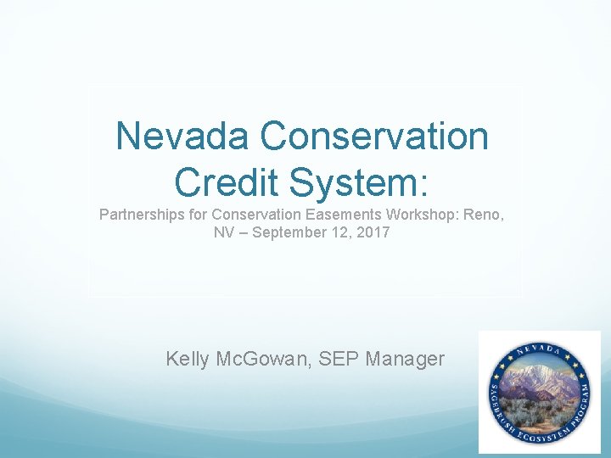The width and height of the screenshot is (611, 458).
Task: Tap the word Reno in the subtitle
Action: pyautogui.click(x=484, y=215)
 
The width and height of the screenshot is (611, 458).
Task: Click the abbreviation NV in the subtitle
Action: pyautogui.click(x=224, y=232)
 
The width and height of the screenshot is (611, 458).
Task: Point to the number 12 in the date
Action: pyautogui.click(x=341, y=232)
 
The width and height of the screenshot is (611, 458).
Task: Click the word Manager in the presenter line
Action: pyautogui.click(x=405, y=359)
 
